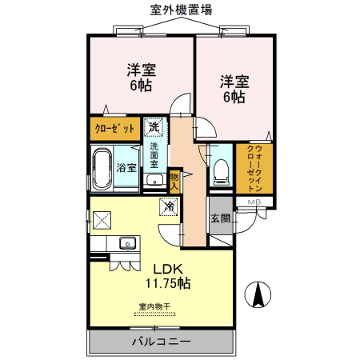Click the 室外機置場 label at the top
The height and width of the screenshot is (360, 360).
(181, 9)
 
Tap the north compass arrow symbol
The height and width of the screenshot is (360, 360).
(258, 295)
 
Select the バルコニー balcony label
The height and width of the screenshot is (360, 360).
(160, 342)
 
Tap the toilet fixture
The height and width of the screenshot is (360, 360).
(222, 170)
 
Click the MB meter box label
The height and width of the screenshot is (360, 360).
(254, 202)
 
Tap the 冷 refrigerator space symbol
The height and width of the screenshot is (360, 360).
(170, 206)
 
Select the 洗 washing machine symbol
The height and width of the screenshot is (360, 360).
(154, 126)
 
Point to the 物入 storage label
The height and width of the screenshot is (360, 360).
(174, 181)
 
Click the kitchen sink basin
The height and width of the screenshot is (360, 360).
(126, 243)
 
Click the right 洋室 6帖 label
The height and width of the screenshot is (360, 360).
(233, 88)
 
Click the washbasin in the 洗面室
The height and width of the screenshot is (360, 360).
(154, 178)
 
